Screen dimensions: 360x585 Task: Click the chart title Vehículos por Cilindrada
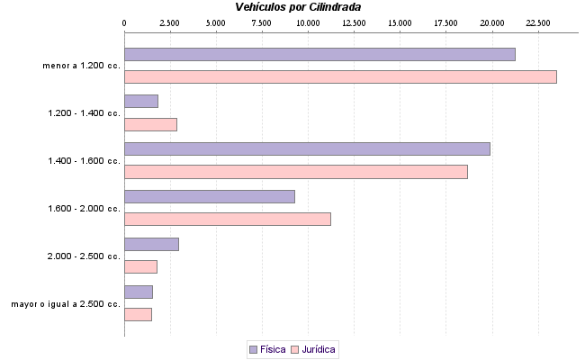coord(298,6)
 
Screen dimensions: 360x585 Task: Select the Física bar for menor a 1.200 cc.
coord(319,54)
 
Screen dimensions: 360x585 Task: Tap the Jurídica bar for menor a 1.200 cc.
coord(340,76)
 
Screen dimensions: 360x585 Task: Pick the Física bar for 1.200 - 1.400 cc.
coord(141,101)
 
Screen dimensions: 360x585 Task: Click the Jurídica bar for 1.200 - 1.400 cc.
coord(150,124)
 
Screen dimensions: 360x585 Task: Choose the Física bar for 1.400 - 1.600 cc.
coord(307,148)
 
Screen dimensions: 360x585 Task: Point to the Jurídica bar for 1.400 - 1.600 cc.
coord(296,172)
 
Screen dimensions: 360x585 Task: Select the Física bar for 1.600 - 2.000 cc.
coord(210,196)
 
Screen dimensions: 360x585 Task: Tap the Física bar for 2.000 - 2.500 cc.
coord(151,244)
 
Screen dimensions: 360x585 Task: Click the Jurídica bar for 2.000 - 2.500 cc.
coord(140,266)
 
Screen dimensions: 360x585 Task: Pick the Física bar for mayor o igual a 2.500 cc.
coord(139,292)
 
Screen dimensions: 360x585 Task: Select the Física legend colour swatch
coord(253,348)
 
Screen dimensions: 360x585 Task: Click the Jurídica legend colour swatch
coord(294,348)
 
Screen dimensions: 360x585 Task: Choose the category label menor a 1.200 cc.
coord(81,66)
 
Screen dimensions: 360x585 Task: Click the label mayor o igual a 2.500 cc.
coord(66,303)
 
